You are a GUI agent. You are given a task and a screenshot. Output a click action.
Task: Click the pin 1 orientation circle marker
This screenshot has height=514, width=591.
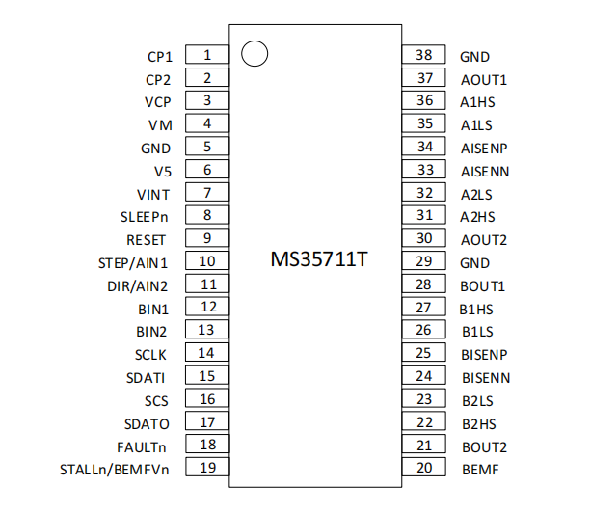click(x=254, y=54)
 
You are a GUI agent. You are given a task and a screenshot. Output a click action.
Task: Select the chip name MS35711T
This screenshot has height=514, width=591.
click(x=317, y=260)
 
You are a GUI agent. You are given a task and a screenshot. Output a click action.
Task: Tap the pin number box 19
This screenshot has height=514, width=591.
click(x=207, y=469)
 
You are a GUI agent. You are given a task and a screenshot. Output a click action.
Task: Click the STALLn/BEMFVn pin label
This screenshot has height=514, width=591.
click(x=115, y=470)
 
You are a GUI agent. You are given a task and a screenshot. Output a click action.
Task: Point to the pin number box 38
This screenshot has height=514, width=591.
click(x=424, y=56)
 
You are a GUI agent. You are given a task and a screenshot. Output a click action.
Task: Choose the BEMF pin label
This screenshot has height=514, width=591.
click(x=479, y=470)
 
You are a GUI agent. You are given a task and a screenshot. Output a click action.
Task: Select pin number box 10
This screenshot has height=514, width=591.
click(x=207, y=261)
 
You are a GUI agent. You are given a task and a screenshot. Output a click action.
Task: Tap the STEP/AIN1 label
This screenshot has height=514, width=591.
click(x=134, y=262)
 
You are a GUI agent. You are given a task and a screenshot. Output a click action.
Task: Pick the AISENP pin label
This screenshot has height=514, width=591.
click(x=484, y=149)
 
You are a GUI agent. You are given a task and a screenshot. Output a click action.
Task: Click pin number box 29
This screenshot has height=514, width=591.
click(x=424, y=261)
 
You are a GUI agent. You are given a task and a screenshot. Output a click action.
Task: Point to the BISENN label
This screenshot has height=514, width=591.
click(x=485, y=378)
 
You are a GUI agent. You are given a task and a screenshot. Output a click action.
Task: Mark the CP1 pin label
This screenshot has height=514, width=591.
click(x=158, y=57)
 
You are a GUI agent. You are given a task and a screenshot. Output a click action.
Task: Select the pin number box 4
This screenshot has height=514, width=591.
click(x=207, y=123)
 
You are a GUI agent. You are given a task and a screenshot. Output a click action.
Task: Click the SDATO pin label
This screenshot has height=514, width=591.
click(x=148, y=424)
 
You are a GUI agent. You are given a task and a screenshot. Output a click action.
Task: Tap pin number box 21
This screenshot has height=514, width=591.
click(x=424, y=446)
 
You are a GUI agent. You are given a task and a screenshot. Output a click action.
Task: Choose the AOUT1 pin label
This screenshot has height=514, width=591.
click(x=483, y=80)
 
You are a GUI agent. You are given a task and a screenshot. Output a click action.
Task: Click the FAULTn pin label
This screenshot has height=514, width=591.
click(x=144, y=446)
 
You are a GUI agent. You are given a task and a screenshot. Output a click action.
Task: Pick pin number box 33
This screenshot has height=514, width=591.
click(x=424, y=170)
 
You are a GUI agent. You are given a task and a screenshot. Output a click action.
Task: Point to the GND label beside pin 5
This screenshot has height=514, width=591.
click(x=156, y=149)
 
